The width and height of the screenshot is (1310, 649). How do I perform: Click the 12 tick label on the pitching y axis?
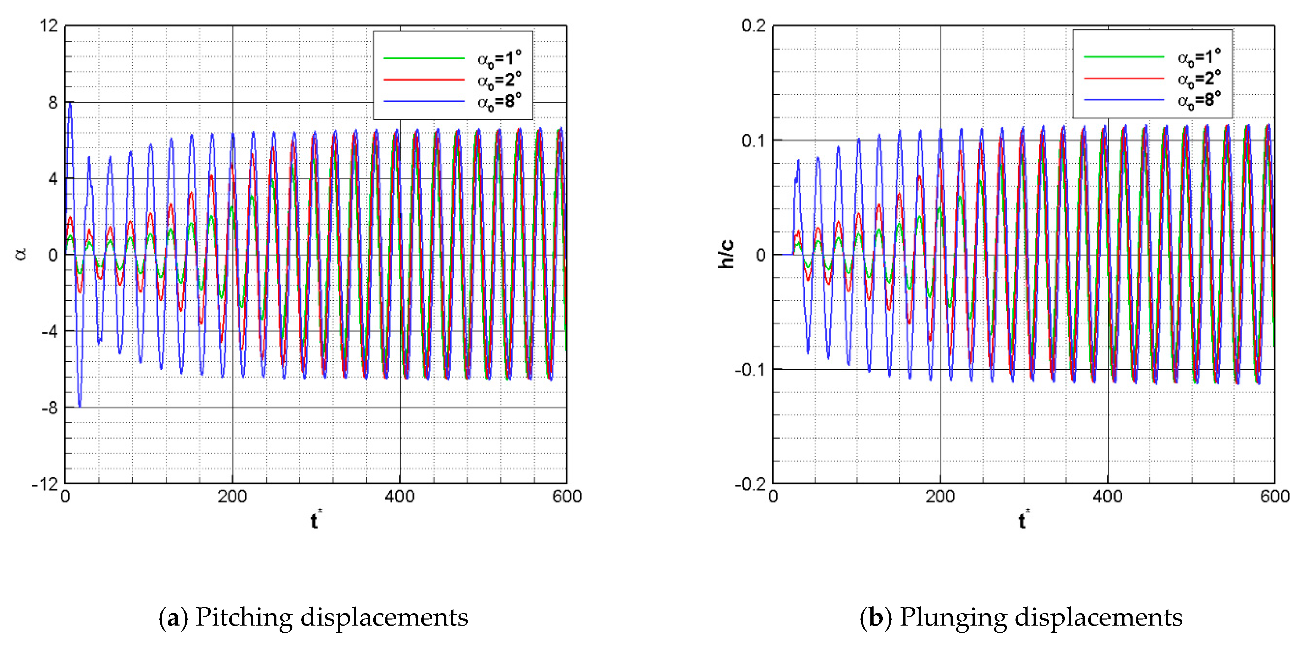click(x=49, y=26)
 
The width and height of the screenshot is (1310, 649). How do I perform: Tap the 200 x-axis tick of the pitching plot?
click(x=232, y=496)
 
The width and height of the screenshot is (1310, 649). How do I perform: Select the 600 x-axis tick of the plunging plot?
click(x=1275, y=496)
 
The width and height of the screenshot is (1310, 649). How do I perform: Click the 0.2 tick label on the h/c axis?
click(x=753, y=26)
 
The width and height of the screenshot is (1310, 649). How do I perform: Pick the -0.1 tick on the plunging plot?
click(x=750, y=370)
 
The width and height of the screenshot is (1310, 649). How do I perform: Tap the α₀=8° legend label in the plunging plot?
click(x=1199, y=100)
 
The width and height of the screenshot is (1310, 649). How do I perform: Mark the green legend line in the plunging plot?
click(x=1123, y=56)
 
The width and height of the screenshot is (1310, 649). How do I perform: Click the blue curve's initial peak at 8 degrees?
click(x=70, y=103)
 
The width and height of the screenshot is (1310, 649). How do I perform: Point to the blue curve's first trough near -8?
click(x=79, y=405)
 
